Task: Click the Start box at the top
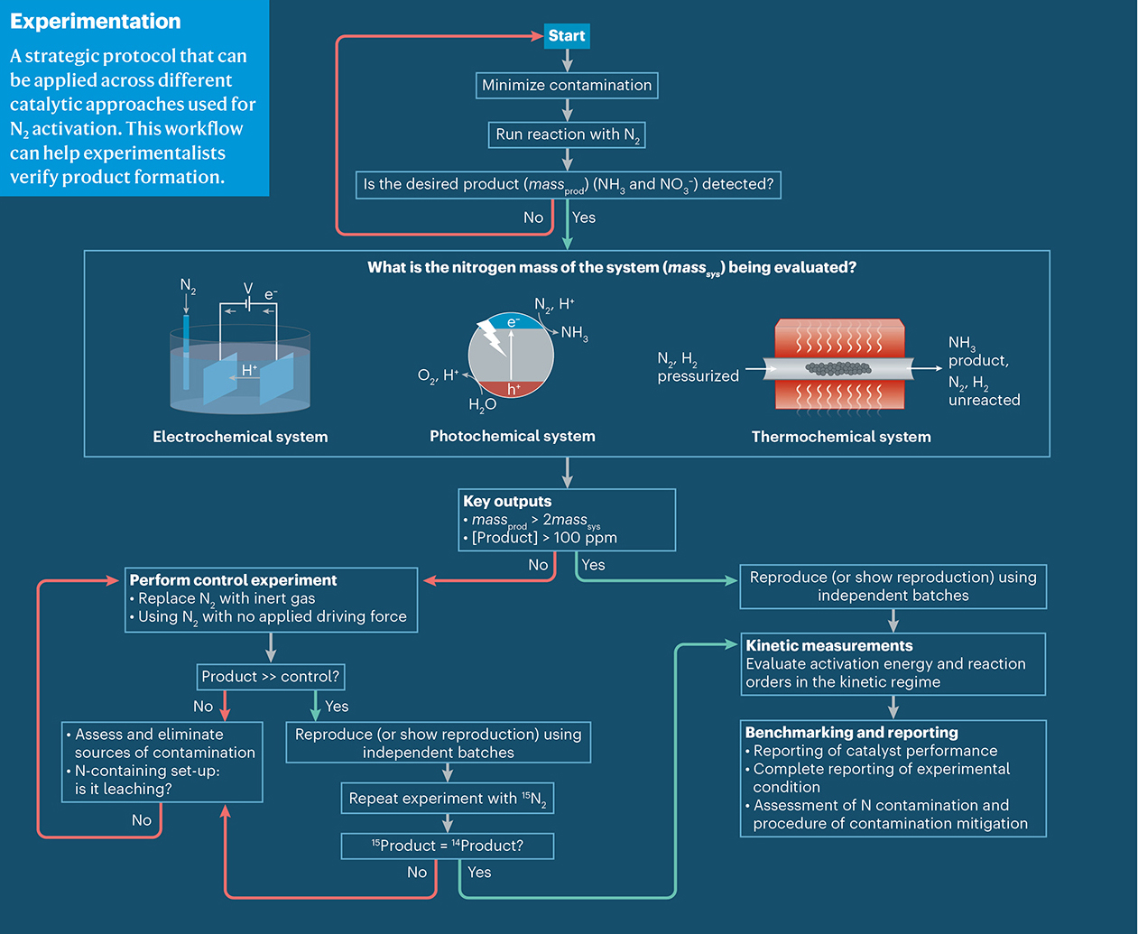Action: pyautogui.click(x=567, y=36)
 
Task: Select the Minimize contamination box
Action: pyautogui.click(x=567, y=86)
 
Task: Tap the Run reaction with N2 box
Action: pyautogui.click(x=567, y=135)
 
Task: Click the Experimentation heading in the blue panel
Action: pyautogui.click(x=96, y=22)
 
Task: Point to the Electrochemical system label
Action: pyautogui.click(x=240, y=437)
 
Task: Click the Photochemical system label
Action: pyautogui.click(x=513, y=437)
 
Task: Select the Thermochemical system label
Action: pyautogui.click(x=841, y=437)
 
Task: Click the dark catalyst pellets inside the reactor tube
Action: pyautogui.click(x=837, y=368)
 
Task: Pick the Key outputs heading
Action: pyautogui.click(x=507, y=502)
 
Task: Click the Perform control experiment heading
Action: pyautogui.click(x=233, y=580)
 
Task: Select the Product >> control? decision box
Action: pyautogui.click(x=271, y=677)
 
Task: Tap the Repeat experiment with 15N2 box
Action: pyautogui.click(x=448, y=799)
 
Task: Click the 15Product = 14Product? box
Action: pyautogui.click(x=448, y=846)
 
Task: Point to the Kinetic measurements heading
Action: pyautogui.click(x=829, y=646)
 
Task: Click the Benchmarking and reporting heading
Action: pyautogui.click(x=852, y=733)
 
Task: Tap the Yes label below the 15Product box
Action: pyautogui.click(x=479, y=873)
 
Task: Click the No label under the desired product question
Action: pyautogui.click(x=533, y=217)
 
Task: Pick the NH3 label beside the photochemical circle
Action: pyautogui.click(x=575, y=333)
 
